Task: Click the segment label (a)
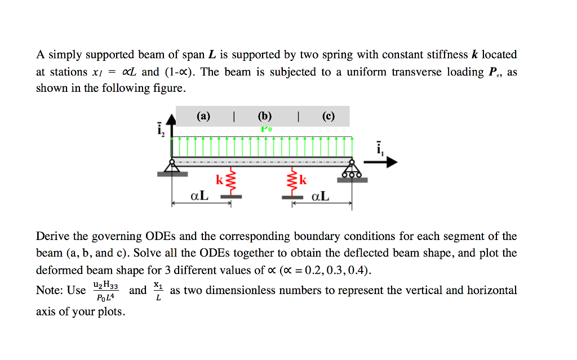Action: [203, 117]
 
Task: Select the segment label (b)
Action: [264, 117]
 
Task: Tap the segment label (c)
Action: [329, 117]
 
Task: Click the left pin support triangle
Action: [172, 166]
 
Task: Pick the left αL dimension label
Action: [199, 196]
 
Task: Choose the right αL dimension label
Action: [320, 196]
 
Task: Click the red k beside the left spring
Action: [219, 180]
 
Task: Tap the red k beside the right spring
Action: [303, 180]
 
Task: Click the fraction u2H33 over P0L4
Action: [105, 291]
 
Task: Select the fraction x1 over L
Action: [158, 291]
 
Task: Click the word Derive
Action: [52, 236]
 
